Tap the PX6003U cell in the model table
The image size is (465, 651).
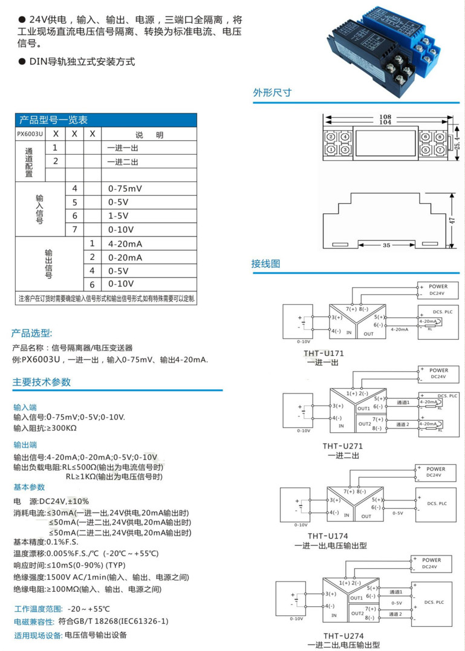(30, 134)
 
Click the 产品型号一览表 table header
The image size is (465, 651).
(54, 120)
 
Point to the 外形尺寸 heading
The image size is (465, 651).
(272, 92)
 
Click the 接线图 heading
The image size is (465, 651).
(266, 264)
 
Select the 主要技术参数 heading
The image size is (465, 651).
(42, 382)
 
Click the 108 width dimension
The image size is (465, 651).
(385, 117)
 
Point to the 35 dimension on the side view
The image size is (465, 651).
(386, 245)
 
